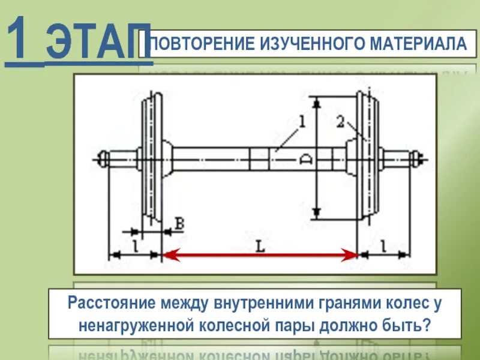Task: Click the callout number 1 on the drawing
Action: pos(302,123)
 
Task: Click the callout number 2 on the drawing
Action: pos(340,123)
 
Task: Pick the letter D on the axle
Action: pos(305,160)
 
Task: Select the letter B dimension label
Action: pos(179,224)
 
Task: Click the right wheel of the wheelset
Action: pos(367,159)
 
